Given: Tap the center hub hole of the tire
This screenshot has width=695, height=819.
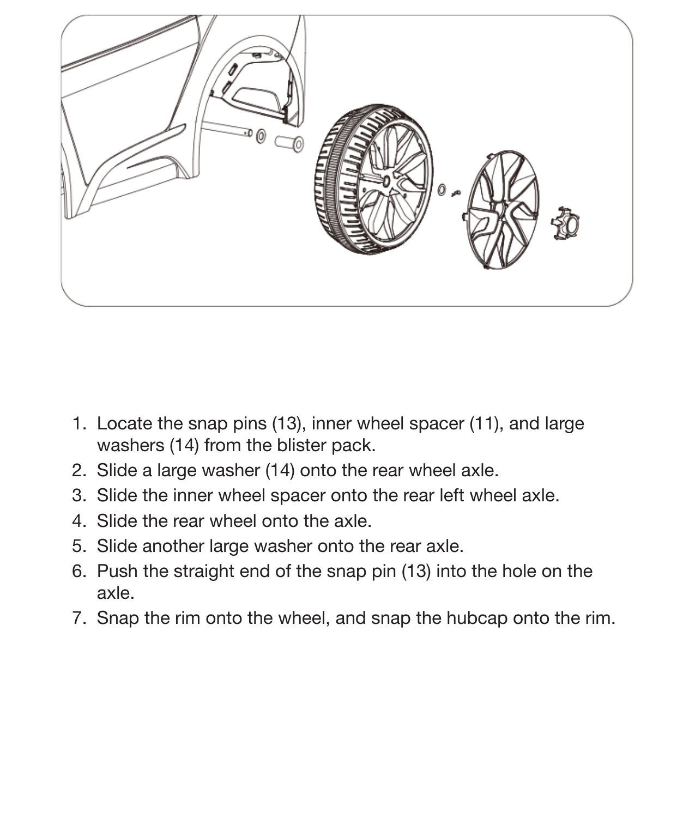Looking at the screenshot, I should point(386,179).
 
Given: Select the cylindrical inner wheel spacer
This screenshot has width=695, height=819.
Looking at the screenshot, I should point(289,143).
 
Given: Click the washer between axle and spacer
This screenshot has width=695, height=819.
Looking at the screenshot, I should point(261,136).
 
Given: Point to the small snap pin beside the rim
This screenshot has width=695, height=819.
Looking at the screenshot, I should point(457,193).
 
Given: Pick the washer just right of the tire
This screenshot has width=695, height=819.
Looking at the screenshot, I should point(442,190).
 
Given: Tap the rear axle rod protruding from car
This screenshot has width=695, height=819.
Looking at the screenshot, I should point(226,128).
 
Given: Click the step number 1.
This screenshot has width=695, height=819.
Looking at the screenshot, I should point(78,423).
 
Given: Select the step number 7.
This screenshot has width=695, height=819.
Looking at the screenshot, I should point(78,618).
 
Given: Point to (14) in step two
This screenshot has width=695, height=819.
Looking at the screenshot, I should point(280,470).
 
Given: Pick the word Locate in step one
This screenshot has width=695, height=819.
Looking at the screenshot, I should point(124,423).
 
